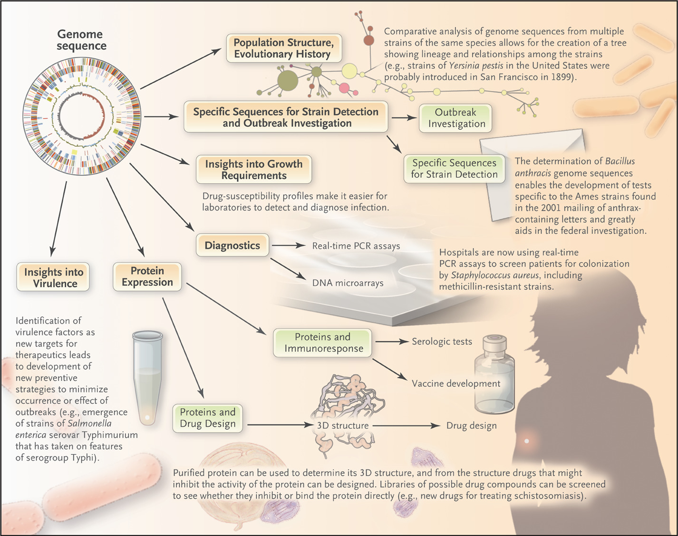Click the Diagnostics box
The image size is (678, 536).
click(x=232, y=246)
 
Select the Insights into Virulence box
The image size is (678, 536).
click(x=53, y=278)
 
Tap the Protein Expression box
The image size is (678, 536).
click(x=147, y=277)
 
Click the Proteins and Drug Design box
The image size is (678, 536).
click(x=208, y=418)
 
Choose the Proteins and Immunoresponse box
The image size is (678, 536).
click(x=323, y=343)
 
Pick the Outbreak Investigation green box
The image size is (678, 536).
click(x=456, y=118)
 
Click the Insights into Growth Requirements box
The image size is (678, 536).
click(x=254, y=170)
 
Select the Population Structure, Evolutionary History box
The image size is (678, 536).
click(x=283, y=48)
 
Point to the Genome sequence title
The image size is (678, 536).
click(x=80, y=40)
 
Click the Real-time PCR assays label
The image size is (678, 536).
click(x=356, y=246)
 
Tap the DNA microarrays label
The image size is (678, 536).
click(x=348, y=283)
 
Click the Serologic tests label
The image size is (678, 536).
click(x=442, y=342)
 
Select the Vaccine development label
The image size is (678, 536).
click(x=455, y=383)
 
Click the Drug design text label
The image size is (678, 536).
click(x=471, y=426)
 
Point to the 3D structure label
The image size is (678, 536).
click(x=342, y=426)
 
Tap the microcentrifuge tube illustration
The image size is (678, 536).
click(x=147, y=377)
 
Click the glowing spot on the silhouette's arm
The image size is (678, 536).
click(x=526, y=441)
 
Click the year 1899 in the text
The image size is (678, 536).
click(x=560, y=77)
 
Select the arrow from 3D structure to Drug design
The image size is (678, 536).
click(x=407, y=426)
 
